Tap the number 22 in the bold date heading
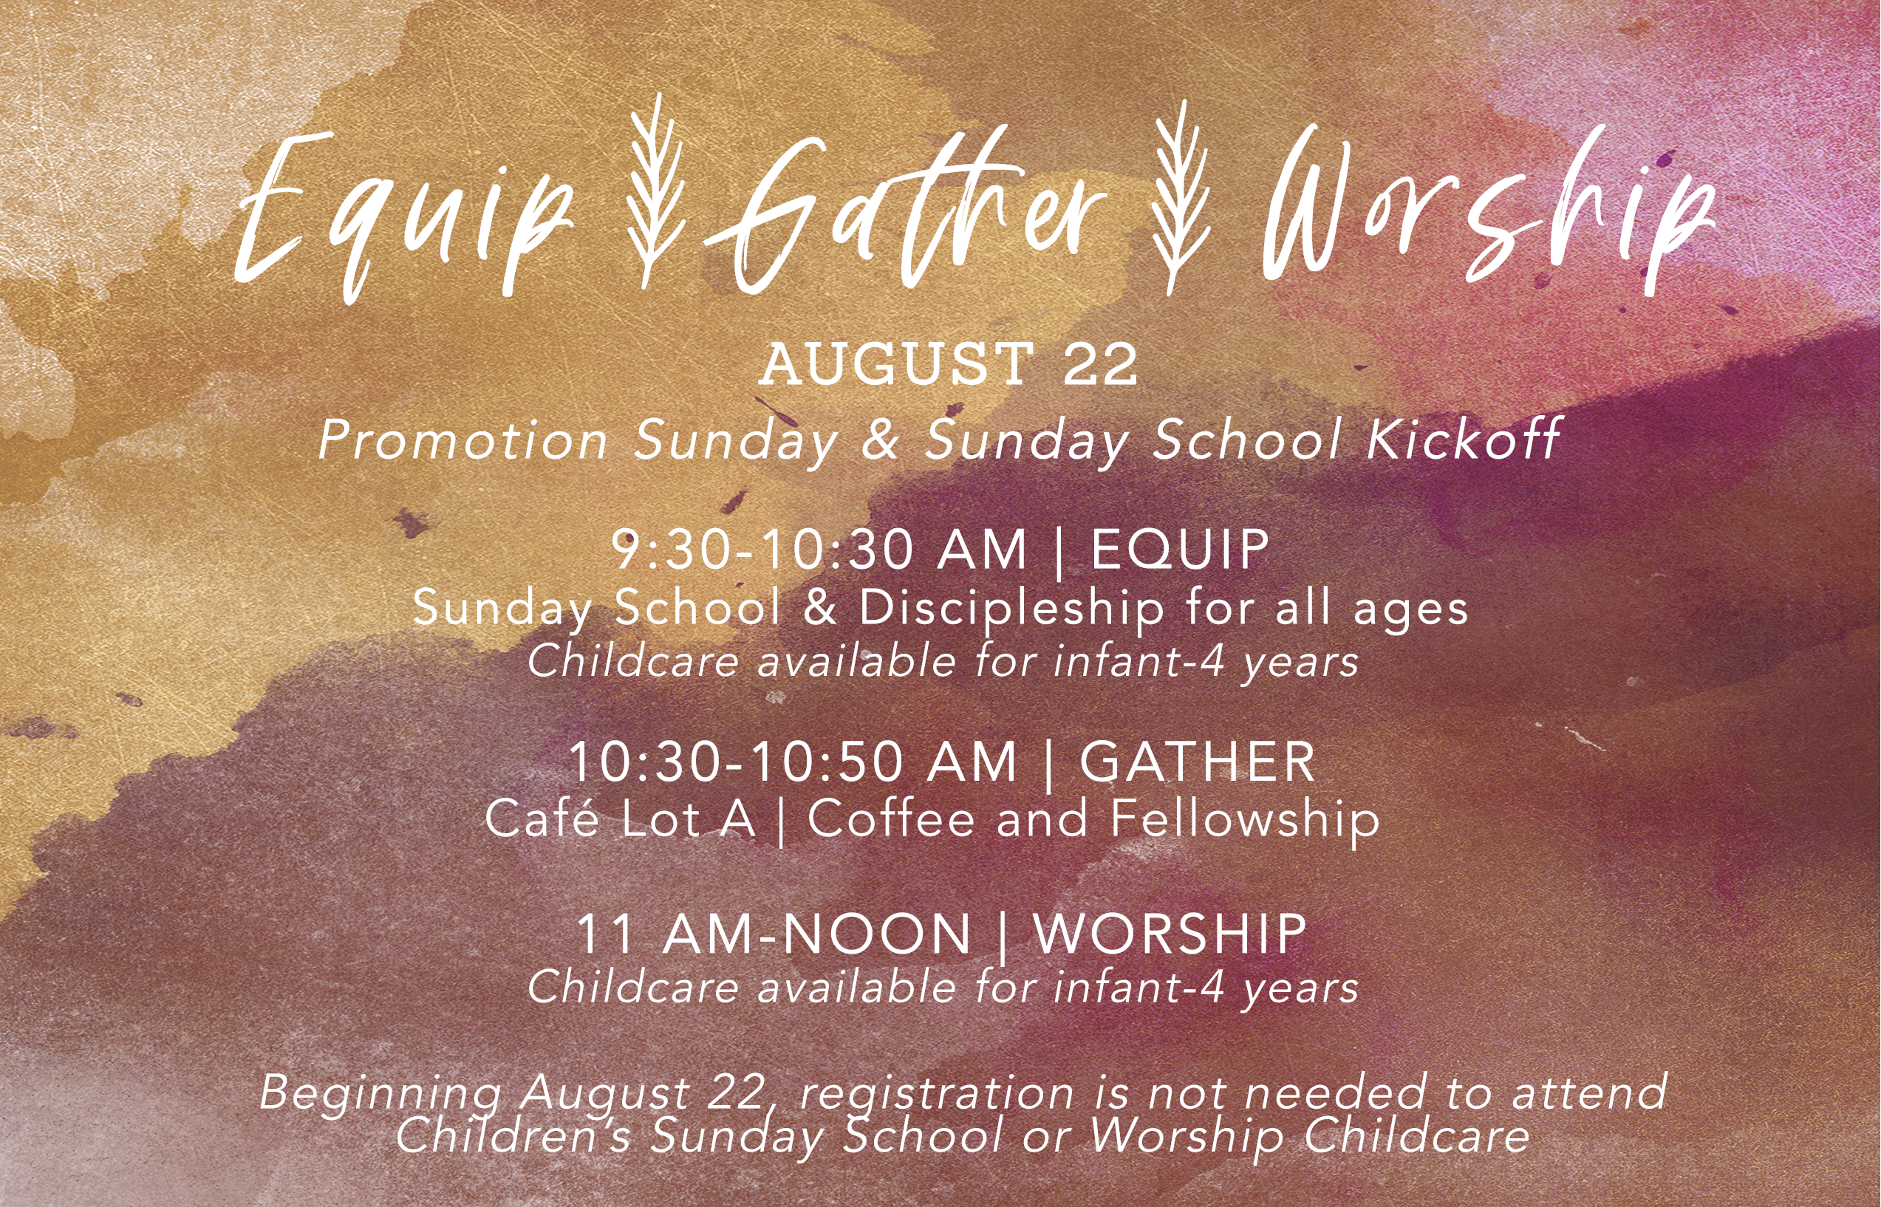point(1099,364)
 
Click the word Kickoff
point(1464,440)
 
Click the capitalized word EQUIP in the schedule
point(1180,550)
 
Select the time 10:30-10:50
point(737,762)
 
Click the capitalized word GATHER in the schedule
point(1198,762)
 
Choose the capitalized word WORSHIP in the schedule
point(1170,934)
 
